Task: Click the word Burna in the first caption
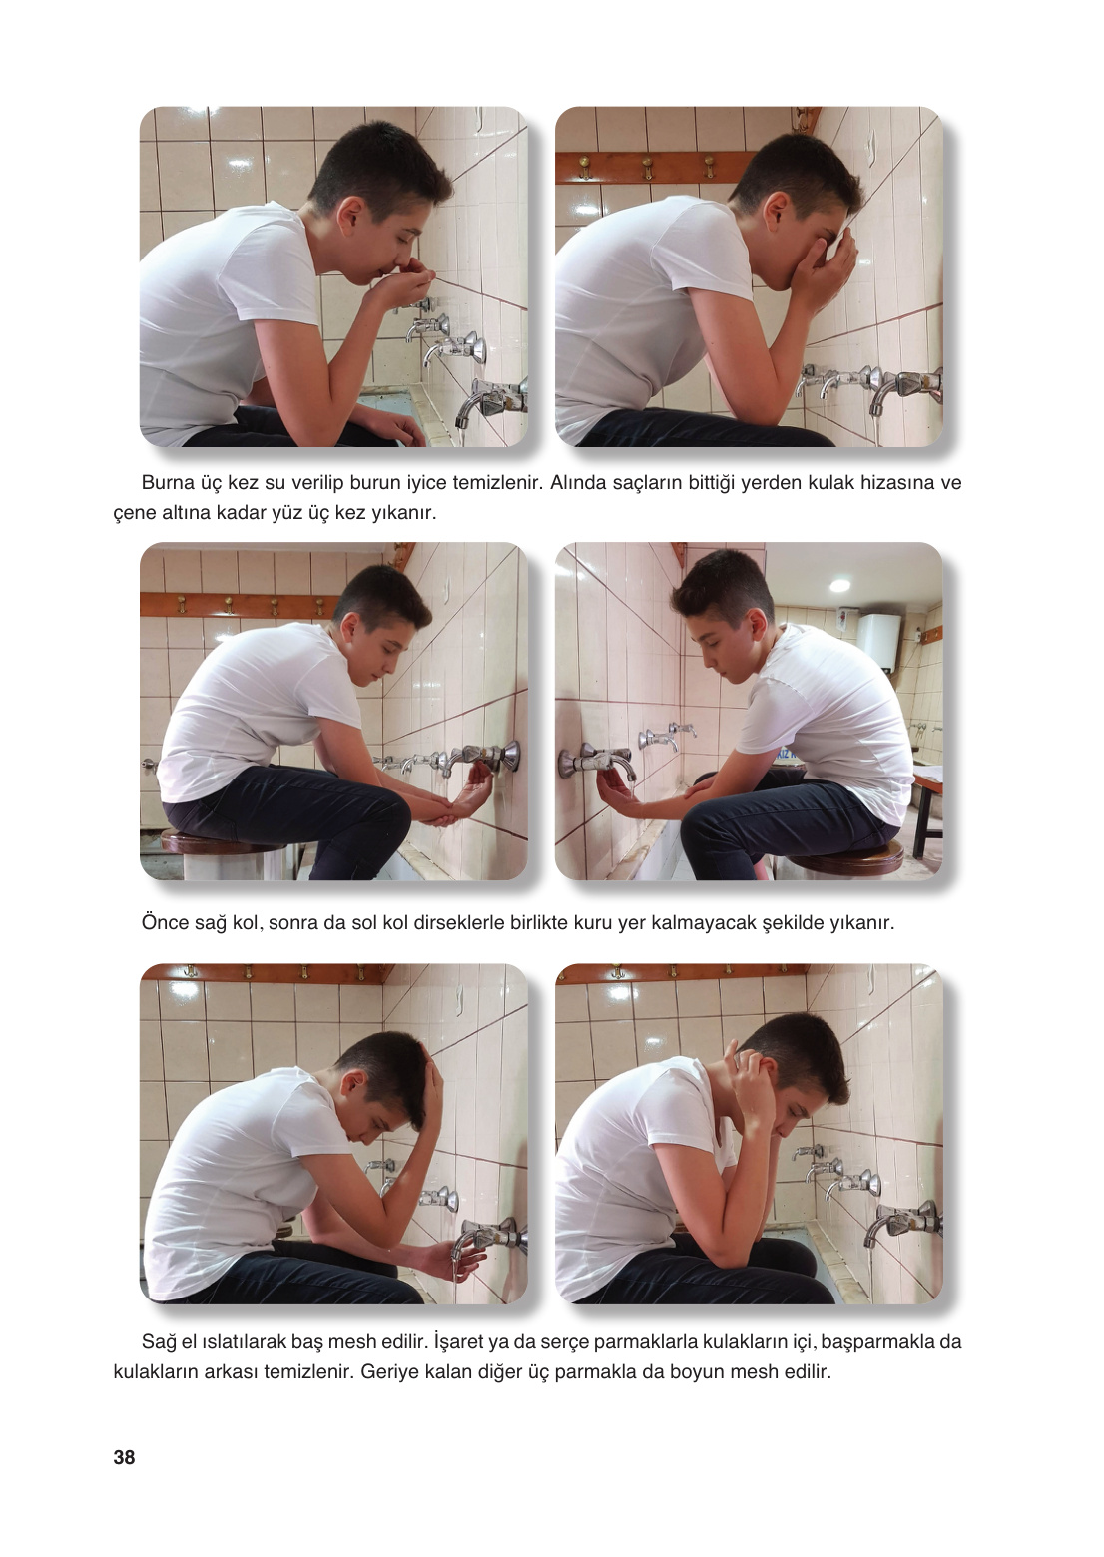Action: click(168, 482)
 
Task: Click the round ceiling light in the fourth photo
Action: click(839, 585)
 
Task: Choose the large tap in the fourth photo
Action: click(597, 763)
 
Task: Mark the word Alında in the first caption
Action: click(578, 482)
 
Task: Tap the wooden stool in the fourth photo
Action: click(849, 855)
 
